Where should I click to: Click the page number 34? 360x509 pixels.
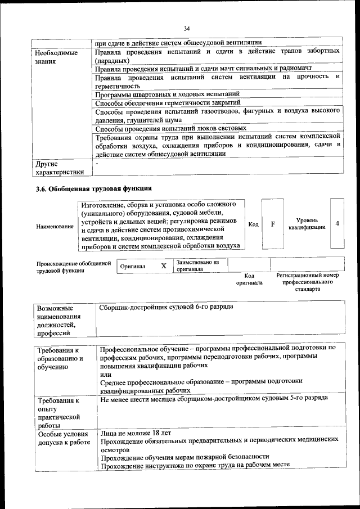tap(187, 28)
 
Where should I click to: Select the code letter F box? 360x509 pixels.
tap(273, 224)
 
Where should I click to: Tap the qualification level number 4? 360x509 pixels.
tap(337, 223)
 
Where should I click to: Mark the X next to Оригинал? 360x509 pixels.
tap(164, 265)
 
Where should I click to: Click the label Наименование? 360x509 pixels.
tap(55, 226)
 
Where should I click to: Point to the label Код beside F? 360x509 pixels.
tap(254, 224)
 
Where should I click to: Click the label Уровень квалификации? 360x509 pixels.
tap(307, 223)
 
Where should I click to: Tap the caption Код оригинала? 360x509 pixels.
tap(249, 279)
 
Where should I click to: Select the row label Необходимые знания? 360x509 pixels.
tap(56, 57)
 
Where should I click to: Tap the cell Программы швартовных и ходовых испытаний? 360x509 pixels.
tap(168, 94)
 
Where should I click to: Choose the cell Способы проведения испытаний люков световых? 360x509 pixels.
tap(163, 127)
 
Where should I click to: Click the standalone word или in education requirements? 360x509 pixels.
tap(105, 373)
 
